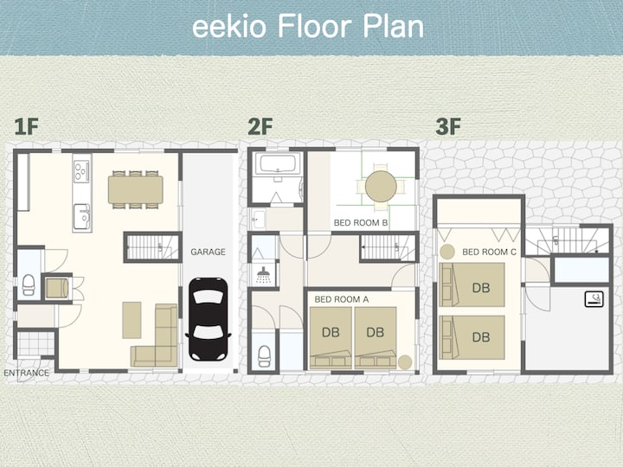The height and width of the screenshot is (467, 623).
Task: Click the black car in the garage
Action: pyautogui.click(x=209, y=319)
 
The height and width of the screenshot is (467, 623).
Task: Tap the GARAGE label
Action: pyautogui.click(x=208, y=252)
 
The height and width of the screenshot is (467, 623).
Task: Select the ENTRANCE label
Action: pyautogui.click(x=26, y=373)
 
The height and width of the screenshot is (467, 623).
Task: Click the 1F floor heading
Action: pyautogui.click(x=26, y=126)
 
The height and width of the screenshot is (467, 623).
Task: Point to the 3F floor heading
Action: pyautogui.click(x=448, y=126)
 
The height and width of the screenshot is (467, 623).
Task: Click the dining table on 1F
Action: pyautogui.click(x=136, y=189)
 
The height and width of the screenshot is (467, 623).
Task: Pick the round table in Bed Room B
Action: pyautogui.click(x=381, y=186)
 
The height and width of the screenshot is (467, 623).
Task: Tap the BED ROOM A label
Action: pyautogui.click(x=341, y=299)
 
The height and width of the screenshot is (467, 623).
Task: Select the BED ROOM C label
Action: pyautogui.click(x=489, y=252)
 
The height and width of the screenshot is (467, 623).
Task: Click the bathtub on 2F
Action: pyautogui.click(x=277, y=164)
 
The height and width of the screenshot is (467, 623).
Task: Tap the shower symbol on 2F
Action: pyautogui.click(x=263, y=275)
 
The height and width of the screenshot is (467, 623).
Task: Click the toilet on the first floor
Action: pyautogui.click(x=29, y=285)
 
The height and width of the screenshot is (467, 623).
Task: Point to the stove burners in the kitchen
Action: pyautogui.click(x=81, y=170)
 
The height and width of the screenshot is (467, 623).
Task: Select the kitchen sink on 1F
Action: pyautogui.click(x=82, y=216)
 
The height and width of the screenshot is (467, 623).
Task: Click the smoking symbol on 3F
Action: pyautogui.click(x=594, y=299)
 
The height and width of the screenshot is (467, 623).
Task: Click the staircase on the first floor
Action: pyautogui.click(x=152, y=247)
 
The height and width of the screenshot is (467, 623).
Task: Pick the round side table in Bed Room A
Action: pyautogui.click(x=405, y=362)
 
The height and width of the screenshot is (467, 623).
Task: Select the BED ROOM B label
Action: pyautogui.click(x=360, y=223)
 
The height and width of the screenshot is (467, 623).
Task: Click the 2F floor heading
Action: pyautogui.click(x=260, y=126)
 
